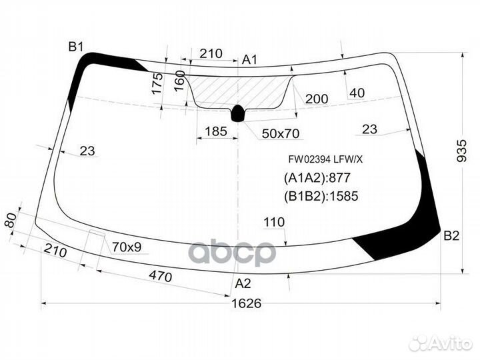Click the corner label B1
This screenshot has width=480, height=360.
tap(75, 46)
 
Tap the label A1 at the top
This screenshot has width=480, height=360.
tap(249, 60)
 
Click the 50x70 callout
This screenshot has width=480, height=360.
tap(280, 134)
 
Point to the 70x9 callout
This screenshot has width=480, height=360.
tap(126, 247)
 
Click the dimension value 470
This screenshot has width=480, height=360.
tap(160, 276)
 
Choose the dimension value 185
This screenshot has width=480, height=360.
tap(215, 131)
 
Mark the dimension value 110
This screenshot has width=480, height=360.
tap(274, 222)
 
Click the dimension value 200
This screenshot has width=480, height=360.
tap(317, 99)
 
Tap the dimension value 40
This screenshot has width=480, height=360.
tap(357, 93)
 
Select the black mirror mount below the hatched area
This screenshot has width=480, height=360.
tap(238, 114)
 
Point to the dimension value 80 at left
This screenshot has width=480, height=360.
tap(9, 221)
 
